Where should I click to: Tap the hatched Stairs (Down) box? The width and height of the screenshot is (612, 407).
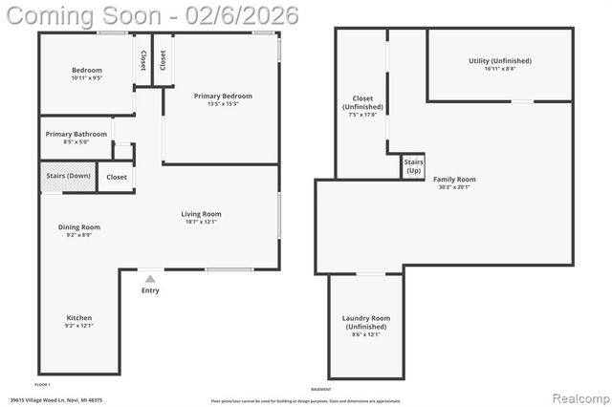(67, 177)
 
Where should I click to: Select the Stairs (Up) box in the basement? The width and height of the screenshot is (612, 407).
(413, 167)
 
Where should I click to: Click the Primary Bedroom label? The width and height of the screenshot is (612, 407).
(223, 96)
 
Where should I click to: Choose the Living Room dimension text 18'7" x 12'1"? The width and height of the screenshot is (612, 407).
(201, 223)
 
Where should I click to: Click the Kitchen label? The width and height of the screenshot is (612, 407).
(79, 318)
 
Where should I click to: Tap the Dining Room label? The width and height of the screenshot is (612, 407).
(79, 227)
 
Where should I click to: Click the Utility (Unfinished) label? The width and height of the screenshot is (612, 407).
(499, 61)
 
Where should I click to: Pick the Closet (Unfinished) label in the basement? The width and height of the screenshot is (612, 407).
(362, 102)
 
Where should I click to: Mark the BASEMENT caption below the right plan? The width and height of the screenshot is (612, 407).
(321, 389)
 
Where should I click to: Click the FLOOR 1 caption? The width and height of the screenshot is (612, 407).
(42, 384)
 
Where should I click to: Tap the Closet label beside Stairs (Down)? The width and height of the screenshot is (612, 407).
(117, 178)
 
